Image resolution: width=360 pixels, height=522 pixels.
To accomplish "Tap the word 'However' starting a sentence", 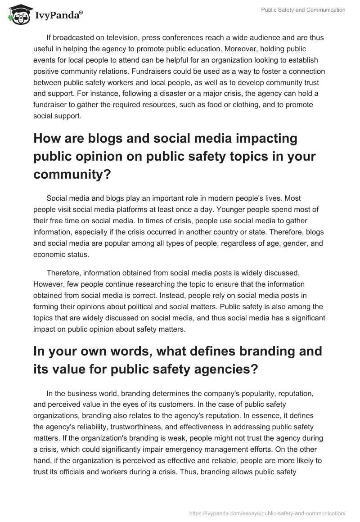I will (x=47, y=284).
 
